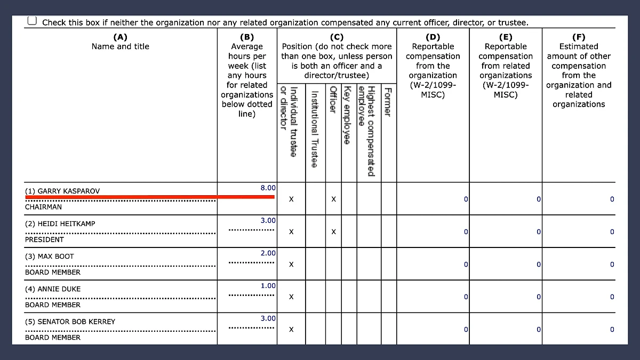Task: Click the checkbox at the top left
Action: pos(33,21)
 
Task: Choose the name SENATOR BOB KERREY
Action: pos(70,322)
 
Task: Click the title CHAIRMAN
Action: pos(43,207)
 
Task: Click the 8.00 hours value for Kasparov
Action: pos(268,188)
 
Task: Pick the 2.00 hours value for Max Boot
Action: pos(268,253)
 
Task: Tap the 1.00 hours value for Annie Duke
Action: pos(268,286)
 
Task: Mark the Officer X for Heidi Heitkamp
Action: pos(333,232)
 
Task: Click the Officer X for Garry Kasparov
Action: pos(333,199)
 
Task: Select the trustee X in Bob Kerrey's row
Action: pos(291,330)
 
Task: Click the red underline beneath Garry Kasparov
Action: pos(149,197)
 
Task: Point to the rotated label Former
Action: pos(388,102)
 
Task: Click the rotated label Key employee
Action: pos(347,115)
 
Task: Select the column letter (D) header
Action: pos(433,37)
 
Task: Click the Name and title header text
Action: pos(121,46)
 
